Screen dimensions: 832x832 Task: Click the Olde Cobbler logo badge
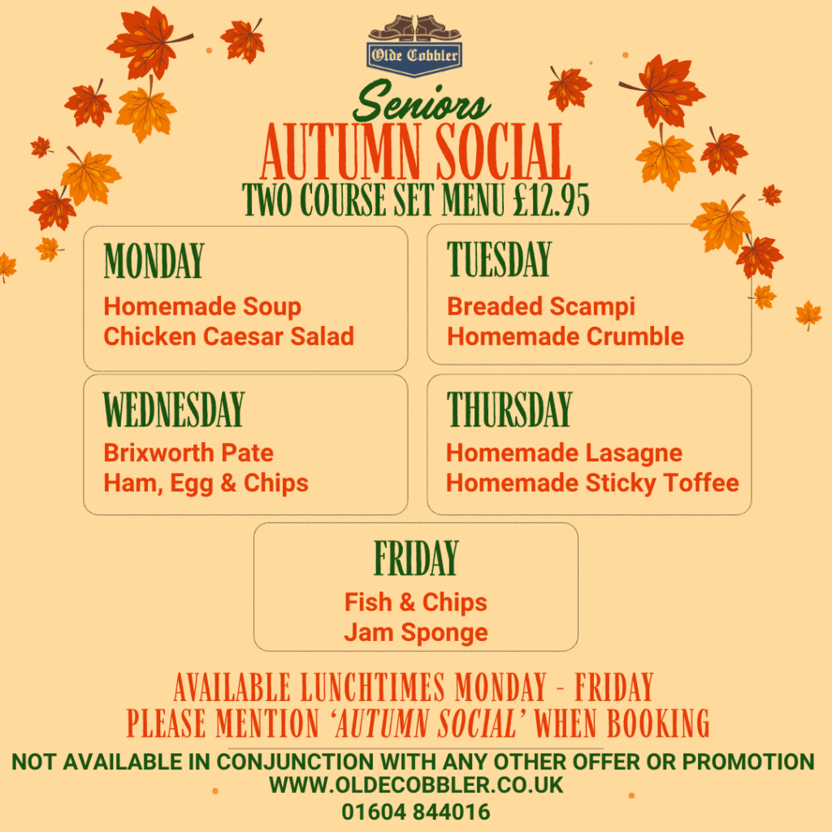pyautogui.click(x=414, y=46)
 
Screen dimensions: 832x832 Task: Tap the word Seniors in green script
pyautogui.click(x=422, y=102)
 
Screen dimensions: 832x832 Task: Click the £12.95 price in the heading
pyautogui.click(x=552, y=200)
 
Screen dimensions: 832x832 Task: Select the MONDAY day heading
pyautogui.click(x=154, y=261)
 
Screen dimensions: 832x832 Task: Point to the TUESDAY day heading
pyautogui.click(x=499, y=259)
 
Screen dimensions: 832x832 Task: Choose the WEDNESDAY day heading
pyautogui.click(x=174, y=409)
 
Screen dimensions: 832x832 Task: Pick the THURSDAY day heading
pyautogui.click(x=509, y=409)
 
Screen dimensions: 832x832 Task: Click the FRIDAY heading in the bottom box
pyautogui.click(x=416, y=557)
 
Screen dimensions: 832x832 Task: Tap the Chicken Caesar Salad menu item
pyautogui.click(x=228, y=336)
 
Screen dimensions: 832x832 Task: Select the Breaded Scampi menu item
pyautogui.click(x=540, y=306)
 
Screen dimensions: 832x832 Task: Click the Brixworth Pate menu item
pyautogui.click(x=188, y=453)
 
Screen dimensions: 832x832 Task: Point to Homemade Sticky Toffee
pyautogui.click(x=592, y=483)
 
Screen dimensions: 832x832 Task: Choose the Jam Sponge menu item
pyautogui.click(x=416, y=632)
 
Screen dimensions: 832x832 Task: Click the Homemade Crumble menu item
pyautogui.click(x=565, y=336)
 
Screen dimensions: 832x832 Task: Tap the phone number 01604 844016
pyautogui.click(x=416, y=812)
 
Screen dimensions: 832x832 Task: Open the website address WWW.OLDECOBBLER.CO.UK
pyautogui.click(x=416, y=785)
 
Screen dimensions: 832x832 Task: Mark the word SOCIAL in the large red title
pyautogui.click(x=502, y=152)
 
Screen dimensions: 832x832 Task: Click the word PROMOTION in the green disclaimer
pyautogui.click(x=748, y=761)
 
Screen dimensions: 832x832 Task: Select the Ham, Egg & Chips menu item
pyautogui.click(x=206, y=483)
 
